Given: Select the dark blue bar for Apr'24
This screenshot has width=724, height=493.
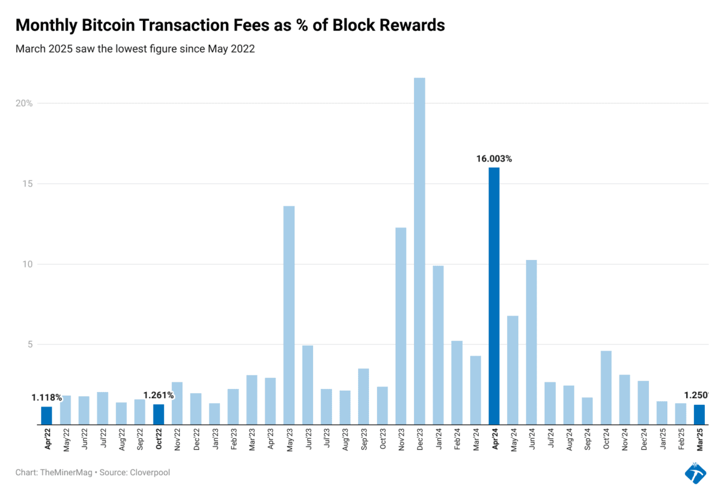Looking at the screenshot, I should (x=494, y=296).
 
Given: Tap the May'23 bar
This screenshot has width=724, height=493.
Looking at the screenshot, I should (x=288, y=315).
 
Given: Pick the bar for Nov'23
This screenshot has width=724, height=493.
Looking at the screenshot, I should (x=401, y=326).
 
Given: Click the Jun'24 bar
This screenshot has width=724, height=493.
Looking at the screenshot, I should (x=531, y=342).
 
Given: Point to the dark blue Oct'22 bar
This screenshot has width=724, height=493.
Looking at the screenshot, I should (x=158, y=414).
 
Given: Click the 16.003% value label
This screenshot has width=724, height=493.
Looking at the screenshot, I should (x=494, y=159).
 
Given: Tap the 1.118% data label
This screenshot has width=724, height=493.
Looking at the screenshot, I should (x=47, y=398).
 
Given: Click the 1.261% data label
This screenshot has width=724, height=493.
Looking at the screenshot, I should (x=158, y=395).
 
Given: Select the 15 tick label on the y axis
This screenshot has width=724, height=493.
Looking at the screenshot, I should (x=28, y=184).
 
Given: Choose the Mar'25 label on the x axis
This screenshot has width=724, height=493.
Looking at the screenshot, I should (x=699, y=441).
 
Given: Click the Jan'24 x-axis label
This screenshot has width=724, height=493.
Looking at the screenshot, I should (x=438, y=441).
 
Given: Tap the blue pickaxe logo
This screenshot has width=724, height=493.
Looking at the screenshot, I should (x=695, y=473).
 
